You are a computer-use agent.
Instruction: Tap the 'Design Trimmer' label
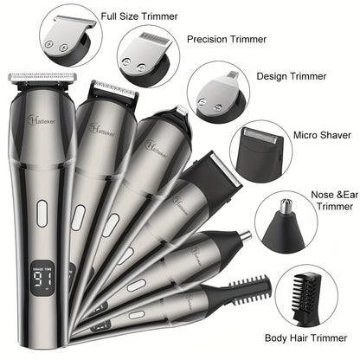click(292, 76)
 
